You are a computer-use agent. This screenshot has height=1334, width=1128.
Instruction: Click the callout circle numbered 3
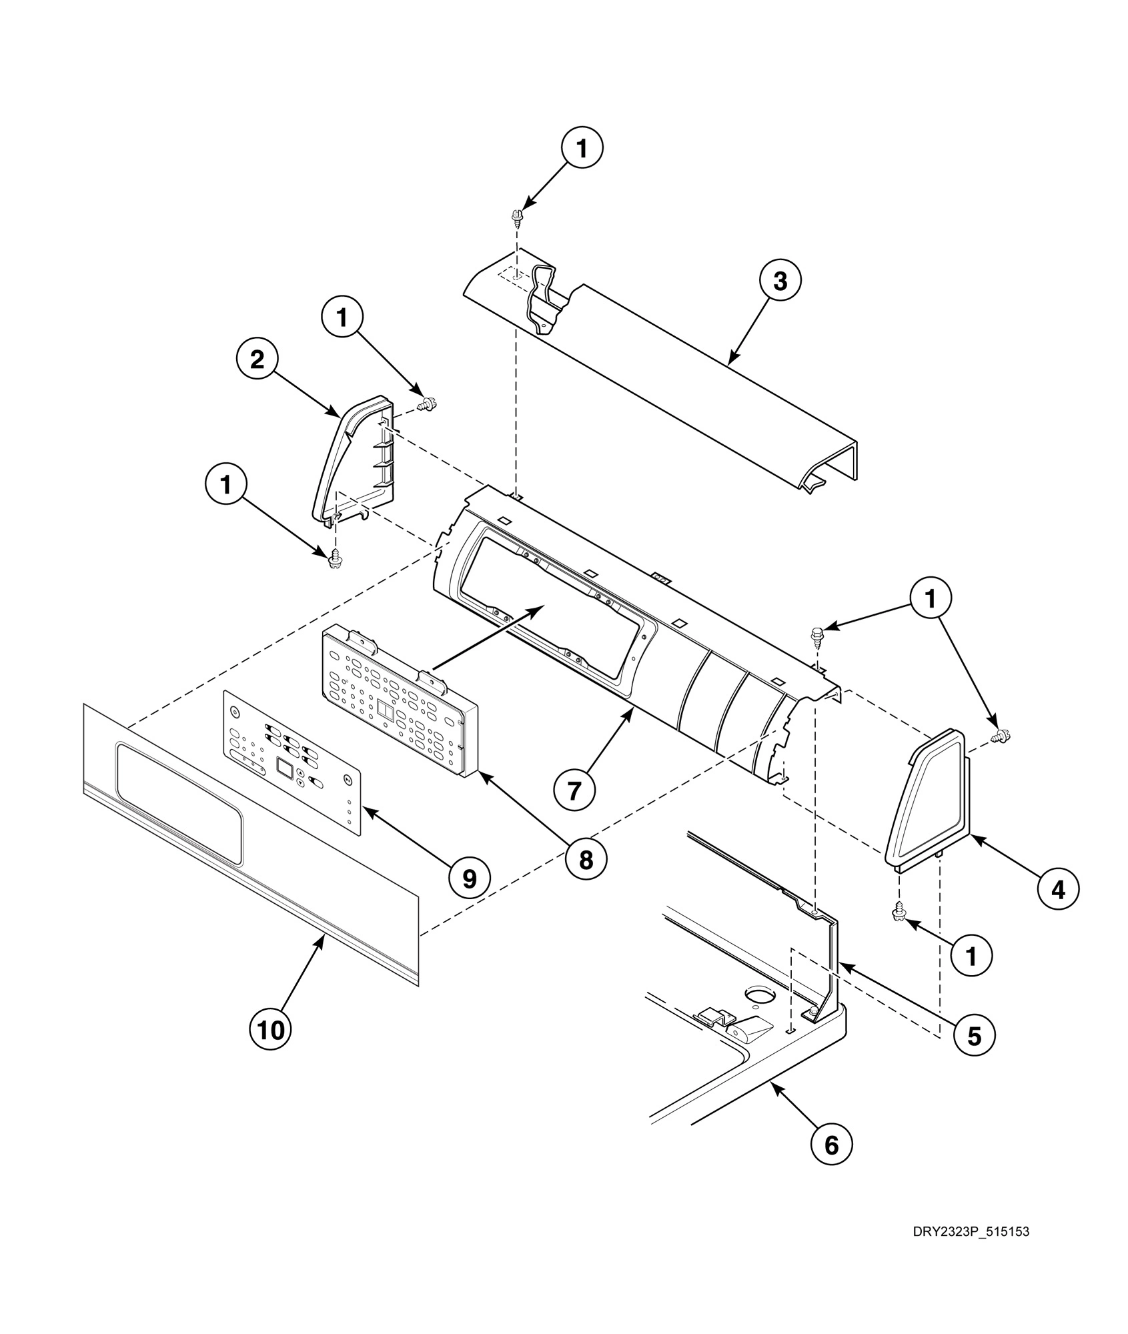(x=780, y=281)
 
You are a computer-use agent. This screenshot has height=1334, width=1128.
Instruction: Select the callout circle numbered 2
(x=257, y=360)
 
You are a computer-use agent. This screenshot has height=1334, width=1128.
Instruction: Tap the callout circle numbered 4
(x=1058, y=889)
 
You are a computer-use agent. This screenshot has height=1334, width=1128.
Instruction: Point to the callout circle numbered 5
(x=974, y=1035)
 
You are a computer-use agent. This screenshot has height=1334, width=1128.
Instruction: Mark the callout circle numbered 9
(x=470, y=879)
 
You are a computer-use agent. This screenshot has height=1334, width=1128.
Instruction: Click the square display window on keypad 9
(x=284, y=769)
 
